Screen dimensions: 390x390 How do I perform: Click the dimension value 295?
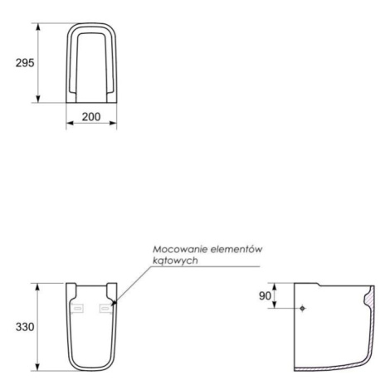click(25, 63)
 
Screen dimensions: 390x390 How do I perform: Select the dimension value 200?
click(91, 117)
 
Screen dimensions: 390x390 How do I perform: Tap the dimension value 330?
click(25, 327)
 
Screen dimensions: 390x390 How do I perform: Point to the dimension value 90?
click(265, 296)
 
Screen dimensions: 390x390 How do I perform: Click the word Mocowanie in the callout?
click(180, 250)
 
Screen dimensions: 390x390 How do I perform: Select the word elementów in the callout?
click(236, 250)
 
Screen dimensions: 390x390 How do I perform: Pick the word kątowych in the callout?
click(175, 261)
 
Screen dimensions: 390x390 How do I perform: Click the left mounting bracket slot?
click(78, 308)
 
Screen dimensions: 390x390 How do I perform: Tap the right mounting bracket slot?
click(105, 308)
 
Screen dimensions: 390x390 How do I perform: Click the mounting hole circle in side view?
click(302, 308)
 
